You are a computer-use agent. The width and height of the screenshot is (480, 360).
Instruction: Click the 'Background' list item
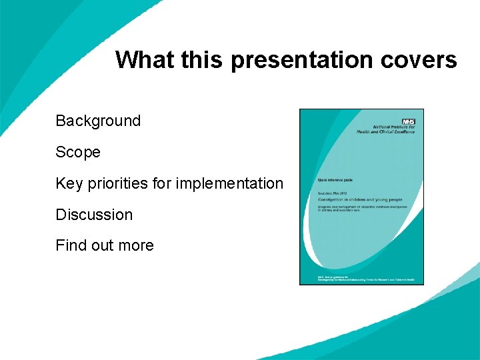[x=98, y=121]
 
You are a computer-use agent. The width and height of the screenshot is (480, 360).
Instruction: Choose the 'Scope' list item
[x=78, y=152]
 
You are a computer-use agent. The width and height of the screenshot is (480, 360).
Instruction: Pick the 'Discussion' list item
[x=94, y=215]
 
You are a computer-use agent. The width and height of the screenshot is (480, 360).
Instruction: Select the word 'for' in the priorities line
[x=163, y=183]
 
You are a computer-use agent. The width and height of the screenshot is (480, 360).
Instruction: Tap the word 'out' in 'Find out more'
[x=102, y=245]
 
